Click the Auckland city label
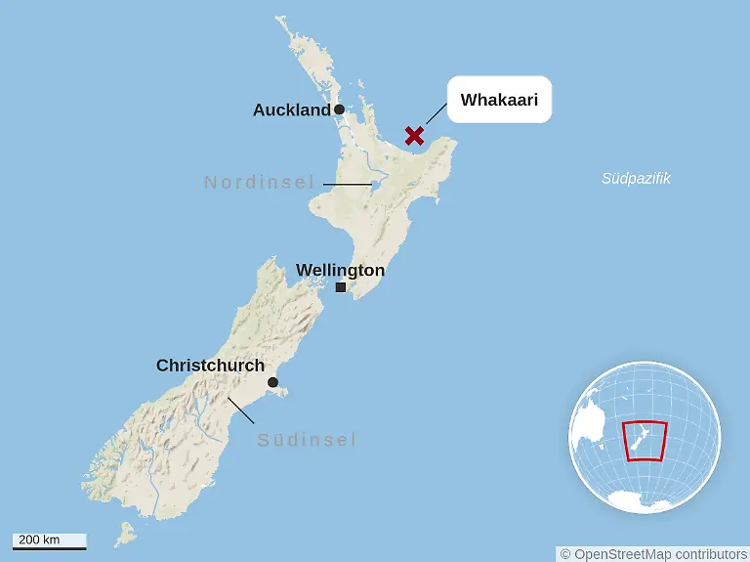pos(291,110)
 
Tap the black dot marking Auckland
pos(339,109)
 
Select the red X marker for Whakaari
pos(415,135)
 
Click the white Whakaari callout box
pos(499,100)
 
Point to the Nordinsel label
pos(259,182)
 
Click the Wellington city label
pos(340,270)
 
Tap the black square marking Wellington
pos(340,287)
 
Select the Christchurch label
pos(210,366)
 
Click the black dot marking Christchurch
pos(273,382)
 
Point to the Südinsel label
pos(307,440)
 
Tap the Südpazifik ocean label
pos(636,179)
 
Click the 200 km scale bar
pos(50,540)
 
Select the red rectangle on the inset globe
pos(645,441)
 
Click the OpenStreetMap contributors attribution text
pos(653,554)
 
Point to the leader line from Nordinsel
pos(347,184)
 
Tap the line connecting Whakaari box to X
pos(436,115)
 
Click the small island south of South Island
pos(124,534)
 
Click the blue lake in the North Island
pos(373,182)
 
